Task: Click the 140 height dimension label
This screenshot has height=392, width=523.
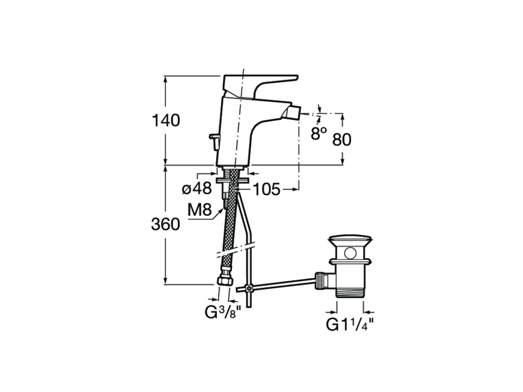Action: point(166,120)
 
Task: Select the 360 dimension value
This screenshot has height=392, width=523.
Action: point(165,224)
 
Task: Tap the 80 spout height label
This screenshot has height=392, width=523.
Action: point(342,140)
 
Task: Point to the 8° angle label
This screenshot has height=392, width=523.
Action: point(319,133)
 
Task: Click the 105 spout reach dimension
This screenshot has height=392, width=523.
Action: point(267,189)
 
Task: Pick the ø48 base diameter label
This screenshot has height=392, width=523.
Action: point(197,189)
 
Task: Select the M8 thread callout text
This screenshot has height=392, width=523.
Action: point(199,210)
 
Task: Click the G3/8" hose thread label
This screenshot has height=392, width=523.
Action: point(222,312)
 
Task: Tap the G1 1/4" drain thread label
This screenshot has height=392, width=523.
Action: point(349,325)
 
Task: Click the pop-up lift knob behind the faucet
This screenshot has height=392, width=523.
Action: point(214,141)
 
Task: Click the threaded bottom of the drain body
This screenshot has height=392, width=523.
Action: point(350,294)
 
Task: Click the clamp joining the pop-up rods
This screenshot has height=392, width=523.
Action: point(248,288)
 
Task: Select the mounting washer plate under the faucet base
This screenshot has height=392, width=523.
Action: point(232,180)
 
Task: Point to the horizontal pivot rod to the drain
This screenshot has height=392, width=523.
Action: point(276,285)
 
